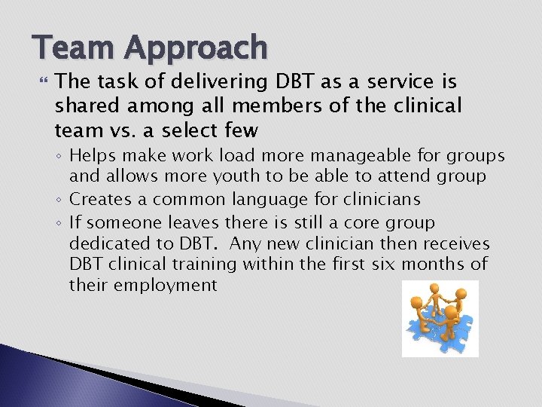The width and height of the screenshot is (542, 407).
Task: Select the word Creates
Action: (99, 200)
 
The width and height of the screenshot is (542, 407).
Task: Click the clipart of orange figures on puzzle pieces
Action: (440, 319)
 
